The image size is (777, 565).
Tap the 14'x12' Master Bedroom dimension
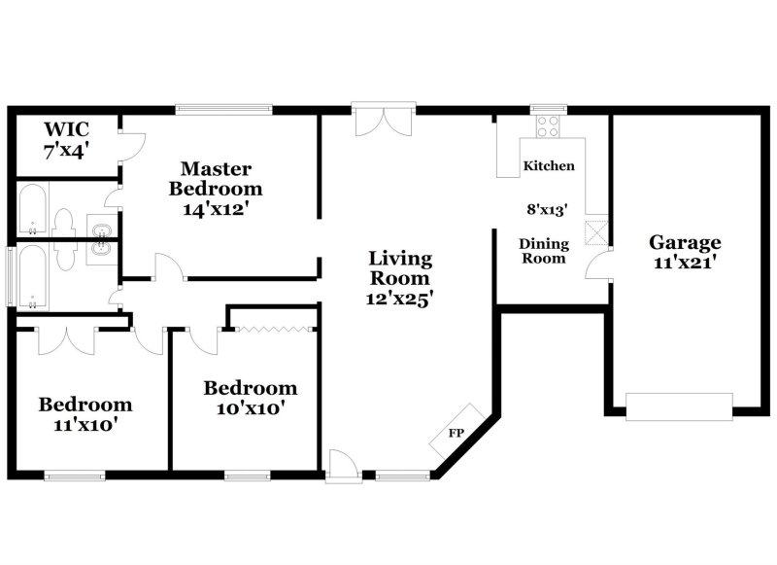[x=216, y=207]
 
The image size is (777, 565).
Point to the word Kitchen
[x=549, y=166]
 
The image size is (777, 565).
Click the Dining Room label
[x=544, y=251]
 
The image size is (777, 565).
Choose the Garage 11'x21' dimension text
[x=685, y=262]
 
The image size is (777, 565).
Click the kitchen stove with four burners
[x=547, y=125]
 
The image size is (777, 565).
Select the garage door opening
[x=679, y=406]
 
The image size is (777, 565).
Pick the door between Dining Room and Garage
[x=602, y=265]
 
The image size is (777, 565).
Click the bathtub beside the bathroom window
[x=33, y=276]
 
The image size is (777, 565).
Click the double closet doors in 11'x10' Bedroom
[x=64, y=340]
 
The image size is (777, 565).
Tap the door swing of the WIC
[x=131, y=145]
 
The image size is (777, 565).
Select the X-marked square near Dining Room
[x=593, y=231]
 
